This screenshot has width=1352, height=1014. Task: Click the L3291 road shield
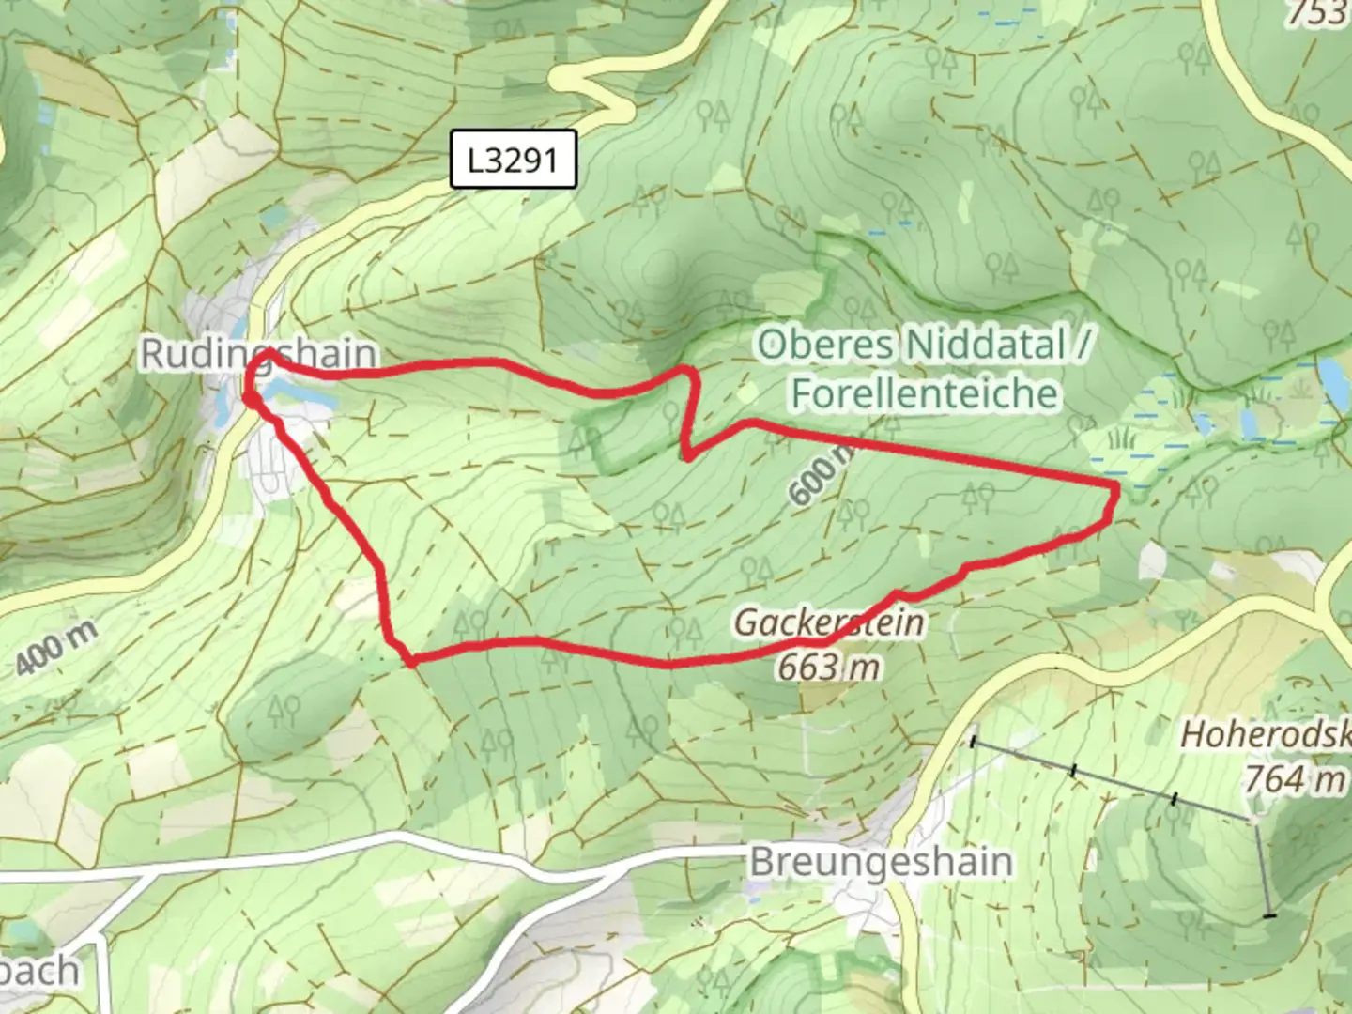[x=513, y=161]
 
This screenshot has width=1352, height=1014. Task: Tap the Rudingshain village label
[x=258, y=354]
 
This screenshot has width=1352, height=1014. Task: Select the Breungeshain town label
[x=881, y=862]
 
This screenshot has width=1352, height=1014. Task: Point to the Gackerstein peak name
[x=828, y=622]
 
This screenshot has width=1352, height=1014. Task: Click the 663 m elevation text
[x=828, y=667]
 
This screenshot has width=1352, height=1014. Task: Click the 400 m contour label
[x=57, y=649]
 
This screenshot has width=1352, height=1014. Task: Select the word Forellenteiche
[x=925, y=392]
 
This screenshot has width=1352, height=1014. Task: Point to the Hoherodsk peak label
[x=1266, y=734]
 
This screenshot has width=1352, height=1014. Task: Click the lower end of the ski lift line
[x=1269, y=914]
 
